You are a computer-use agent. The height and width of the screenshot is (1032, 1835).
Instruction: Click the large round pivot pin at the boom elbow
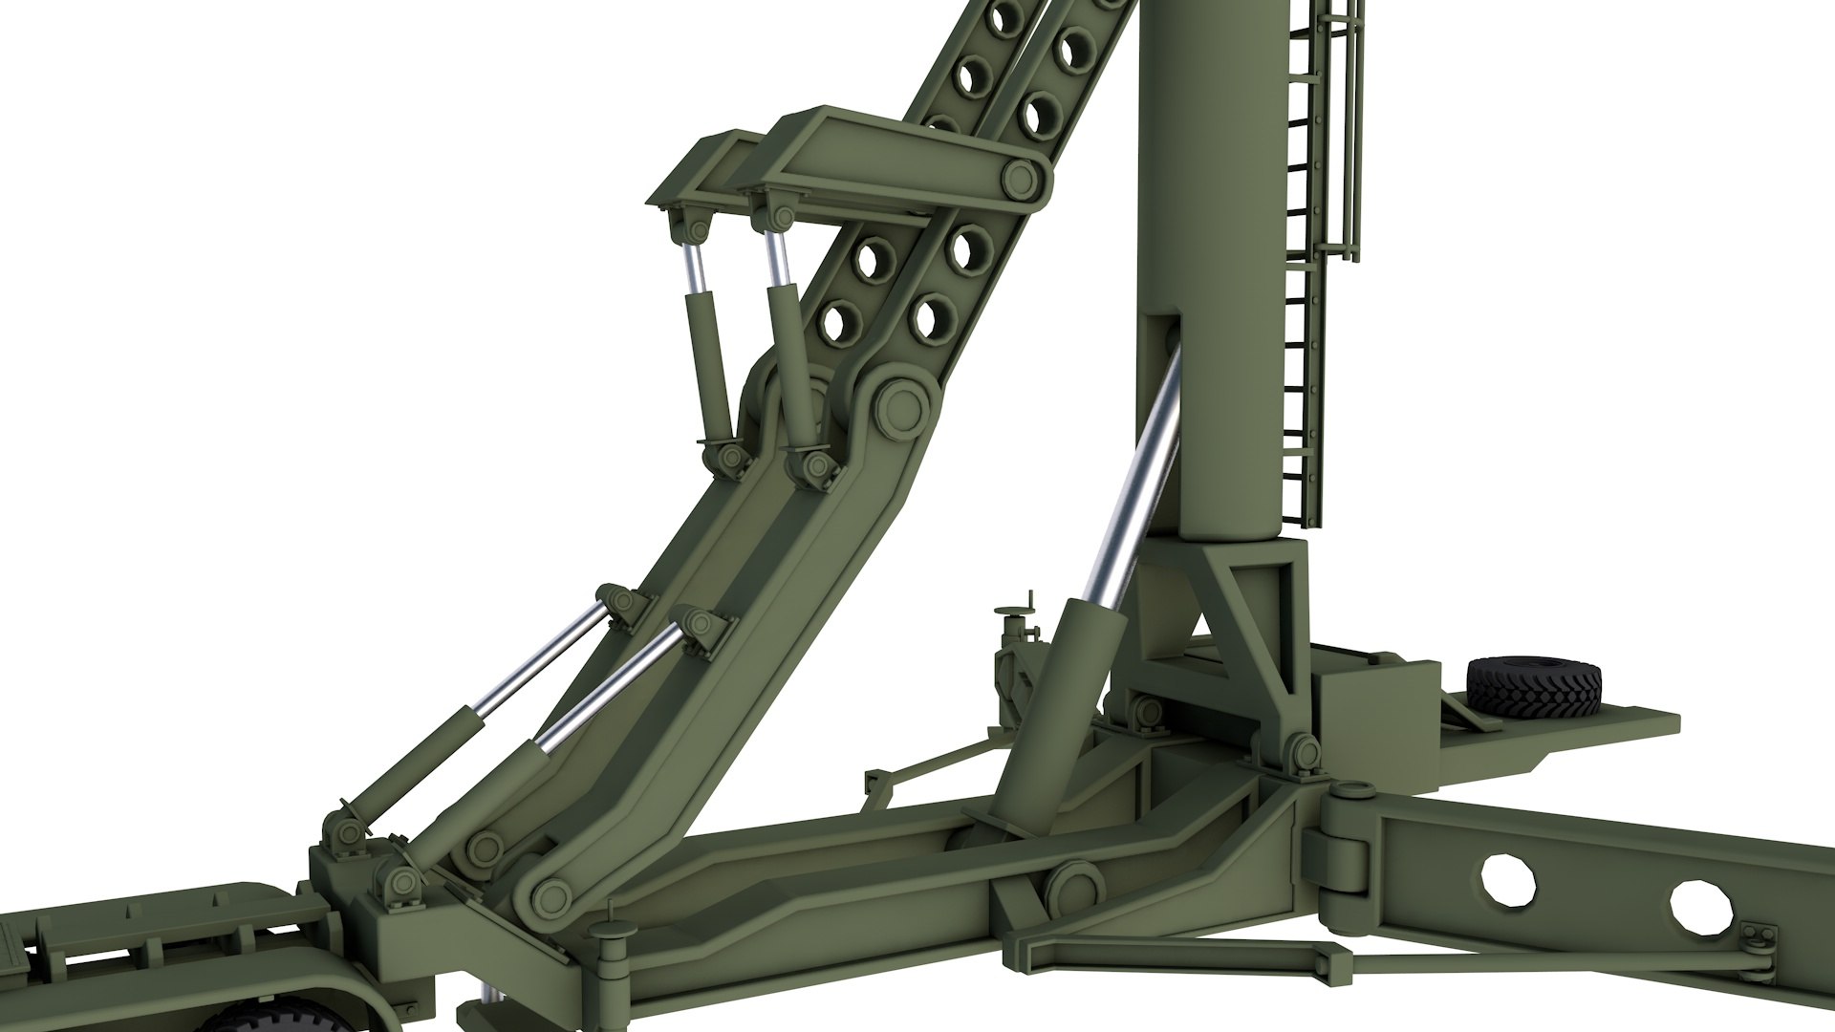(x=900, y=405)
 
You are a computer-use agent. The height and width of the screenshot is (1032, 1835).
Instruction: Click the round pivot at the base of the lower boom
(x=552, y=894)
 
